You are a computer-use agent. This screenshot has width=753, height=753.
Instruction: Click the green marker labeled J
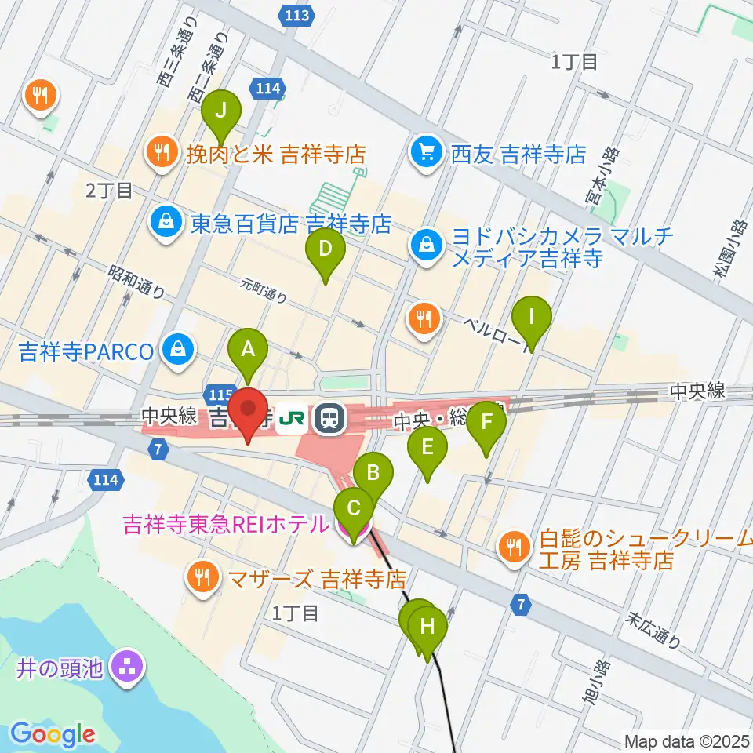221,110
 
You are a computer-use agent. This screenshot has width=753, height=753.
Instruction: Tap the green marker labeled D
326,250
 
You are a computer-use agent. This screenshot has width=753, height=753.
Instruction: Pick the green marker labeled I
532,318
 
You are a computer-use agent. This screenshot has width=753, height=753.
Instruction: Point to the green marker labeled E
427,448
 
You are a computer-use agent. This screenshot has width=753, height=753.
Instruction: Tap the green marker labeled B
373,474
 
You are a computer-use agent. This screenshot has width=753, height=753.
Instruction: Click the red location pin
249,410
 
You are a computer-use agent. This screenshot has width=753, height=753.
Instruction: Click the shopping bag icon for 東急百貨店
167,224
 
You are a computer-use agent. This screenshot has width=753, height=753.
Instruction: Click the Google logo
53,733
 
